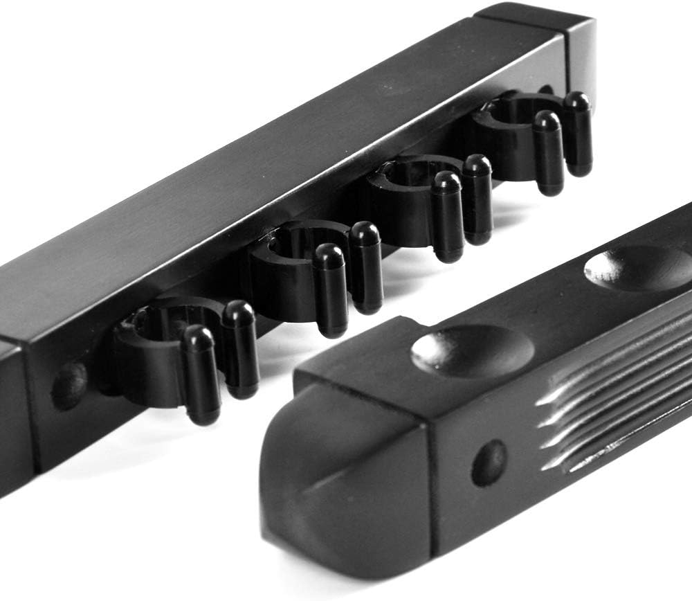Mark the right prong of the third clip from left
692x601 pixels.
point(477,197)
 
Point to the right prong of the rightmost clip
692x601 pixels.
point(577,132)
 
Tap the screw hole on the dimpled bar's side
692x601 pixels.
point(489,463)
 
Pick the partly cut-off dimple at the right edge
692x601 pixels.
point(640,267)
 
